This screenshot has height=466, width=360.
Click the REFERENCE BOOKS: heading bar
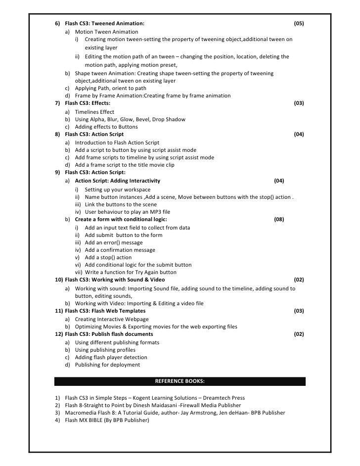tap(180, 381)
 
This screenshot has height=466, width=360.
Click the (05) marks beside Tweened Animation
tap(299, 23)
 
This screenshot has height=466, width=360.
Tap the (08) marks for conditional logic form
tap(279, 219)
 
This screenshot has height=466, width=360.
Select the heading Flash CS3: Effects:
tap(88, 103)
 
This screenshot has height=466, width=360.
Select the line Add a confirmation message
tap(120, 250)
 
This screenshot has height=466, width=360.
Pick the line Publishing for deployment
tap(107, 365)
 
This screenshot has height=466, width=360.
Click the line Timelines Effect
tap(94, 112)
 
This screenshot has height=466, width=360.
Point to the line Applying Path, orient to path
tap(110, 88)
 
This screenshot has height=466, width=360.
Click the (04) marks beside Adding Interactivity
tap(279, 181)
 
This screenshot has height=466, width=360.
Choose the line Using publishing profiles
tap(105, 350)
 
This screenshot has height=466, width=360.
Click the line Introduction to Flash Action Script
tap(117, 142)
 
